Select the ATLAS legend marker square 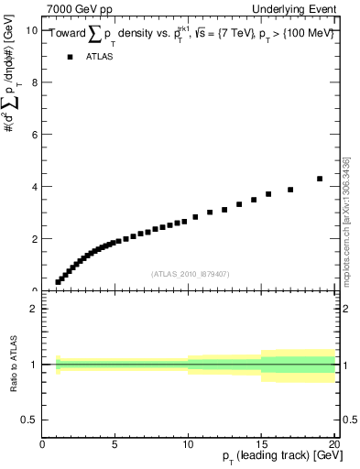[70, 57]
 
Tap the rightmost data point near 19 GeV [320, 179]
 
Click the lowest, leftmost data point [58, 282]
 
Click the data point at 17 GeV [290, 190]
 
